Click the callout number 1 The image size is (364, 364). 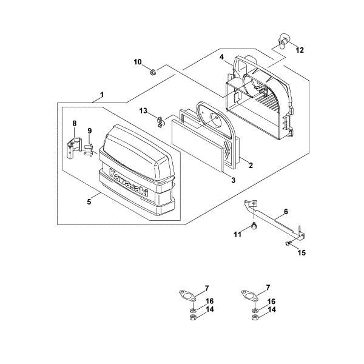point(102,95)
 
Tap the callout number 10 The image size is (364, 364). point(137,62)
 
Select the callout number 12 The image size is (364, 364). point(300,50)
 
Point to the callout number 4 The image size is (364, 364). point(222,58)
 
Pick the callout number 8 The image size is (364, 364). point(75,124)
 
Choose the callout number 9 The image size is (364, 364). point(89,131)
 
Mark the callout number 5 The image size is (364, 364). point(89,201)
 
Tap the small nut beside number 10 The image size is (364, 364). point(153,73)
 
